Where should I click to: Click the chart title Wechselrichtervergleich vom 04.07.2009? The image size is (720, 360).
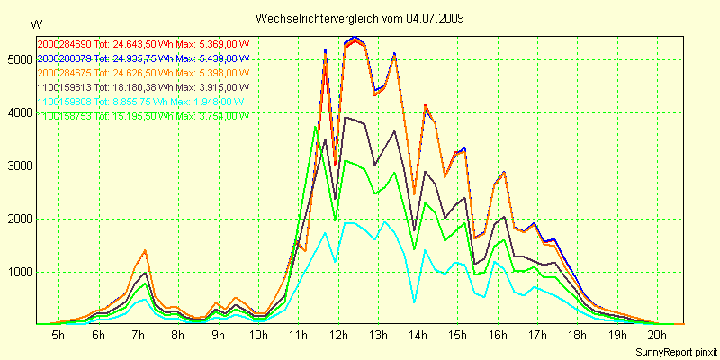pos(360,18)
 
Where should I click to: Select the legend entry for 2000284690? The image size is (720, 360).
pos(142,44)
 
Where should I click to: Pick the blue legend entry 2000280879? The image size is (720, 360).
pos(141,58)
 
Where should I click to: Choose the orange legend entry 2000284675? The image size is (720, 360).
pos(142,73)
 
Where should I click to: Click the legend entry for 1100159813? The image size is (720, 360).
pos(141,87)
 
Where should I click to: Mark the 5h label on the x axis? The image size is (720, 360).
pos(58,335)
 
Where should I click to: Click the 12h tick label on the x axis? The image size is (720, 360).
pos(338,335)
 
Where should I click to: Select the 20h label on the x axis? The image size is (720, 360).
pos(658,335)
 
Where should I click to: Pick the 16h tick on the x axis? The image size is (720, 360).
pos(499,335)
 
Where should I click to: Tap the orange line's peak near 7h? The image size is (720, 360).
pos(144,250)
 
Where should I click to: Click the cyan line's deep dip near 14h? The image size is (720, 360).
pos(414,302)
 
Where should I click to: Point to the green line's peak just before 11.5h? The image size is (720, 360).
pos(315,126)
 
